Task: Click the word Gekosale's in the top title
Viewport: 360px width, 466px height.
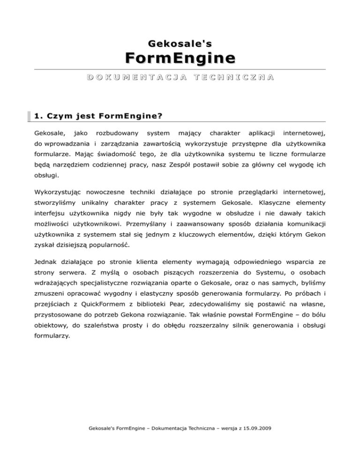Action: coord(180,44)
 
